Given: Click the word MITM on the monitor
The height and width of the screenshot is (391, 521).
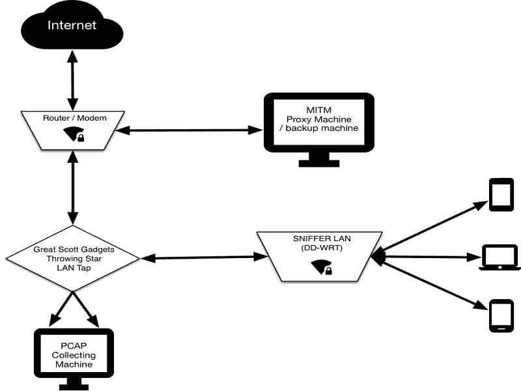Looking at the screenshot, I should click(318, 109).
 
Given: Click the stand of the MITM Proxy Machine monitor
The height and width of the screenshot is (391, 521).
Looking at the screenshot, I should click(319, 158).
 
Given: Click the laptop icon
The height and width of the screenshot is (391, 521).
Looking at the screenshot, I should click(500, 258).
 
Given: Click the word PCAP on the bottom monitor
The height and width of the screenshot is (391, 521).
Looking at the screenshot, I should click(73, 346).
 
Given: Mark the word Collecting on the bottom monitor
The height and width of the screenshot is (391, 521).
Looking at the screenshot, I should click(73, 355).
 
